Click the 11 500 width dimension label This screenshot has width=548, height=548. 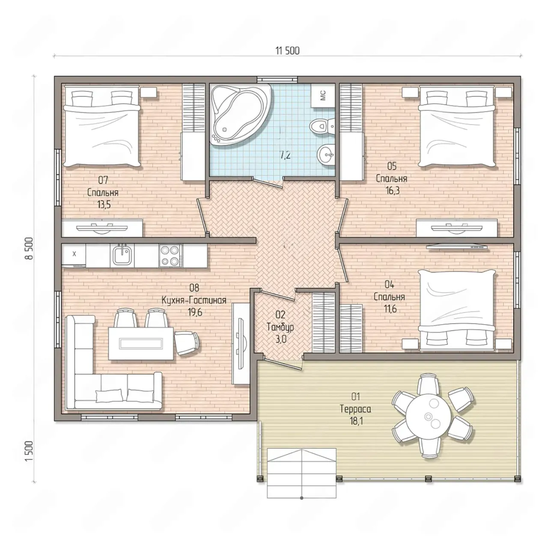point(287,51)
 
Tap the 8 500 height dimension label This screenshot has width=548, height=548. point(29,248)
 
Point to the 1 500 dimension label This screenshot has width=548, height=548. point(29,451)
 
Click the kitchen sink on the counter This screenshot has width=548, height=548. point(122,255)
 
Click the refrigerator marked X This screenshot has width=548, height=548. point(74,254)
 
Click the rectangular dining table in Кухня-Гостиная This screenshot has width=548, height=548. point(141,343)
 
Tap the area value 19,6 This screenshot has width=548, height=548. point(195,313)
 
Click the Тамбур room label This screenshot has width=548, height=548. point(280,328)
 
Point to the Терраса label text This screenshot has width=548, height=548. point(355,409)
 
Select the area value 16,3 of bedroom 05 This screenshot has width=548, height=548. point(393,191)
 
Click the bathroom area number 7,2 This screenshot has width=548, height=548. point(285,155)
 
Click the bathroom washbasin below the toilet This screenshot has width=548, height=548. point(326,155)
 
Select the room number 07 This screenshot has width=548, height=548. point(103,180)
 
